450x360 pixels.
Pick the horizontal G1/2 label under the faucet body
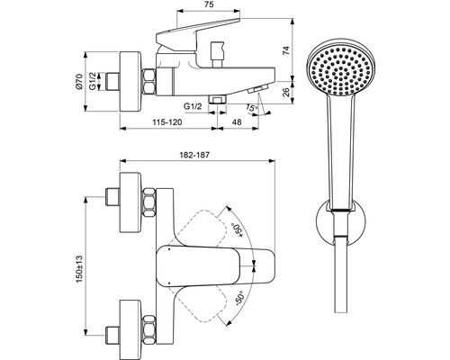pos(192,105)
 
